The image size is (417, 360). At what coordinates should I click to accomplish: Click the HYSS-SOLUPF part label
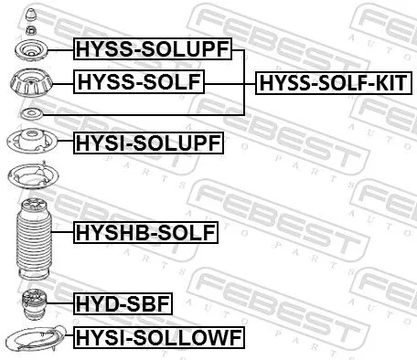point(153,49)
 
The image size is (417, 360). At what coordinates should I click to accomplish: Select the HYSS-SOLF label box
point(139,84)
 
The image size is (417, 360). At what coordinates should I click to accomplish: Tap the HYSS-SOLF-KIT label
point(334,84)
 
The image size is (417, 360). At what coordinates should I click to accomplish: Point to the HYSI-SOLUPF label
point(147,142)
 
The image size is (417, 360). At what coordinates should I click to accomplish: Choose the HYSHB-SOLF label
point(145,234)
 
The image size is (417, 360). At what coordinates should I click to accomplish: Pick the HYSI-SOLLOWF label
point(158,338)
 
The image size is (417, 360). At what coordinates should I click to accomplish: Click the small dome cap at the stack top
point(31,14)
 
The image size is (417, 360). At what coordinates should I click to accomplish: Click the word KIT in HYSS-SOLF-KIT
point(389,84)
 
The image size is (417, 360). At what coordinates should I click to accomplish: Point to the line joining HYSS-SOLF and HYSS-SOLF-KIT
point(229,84)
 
